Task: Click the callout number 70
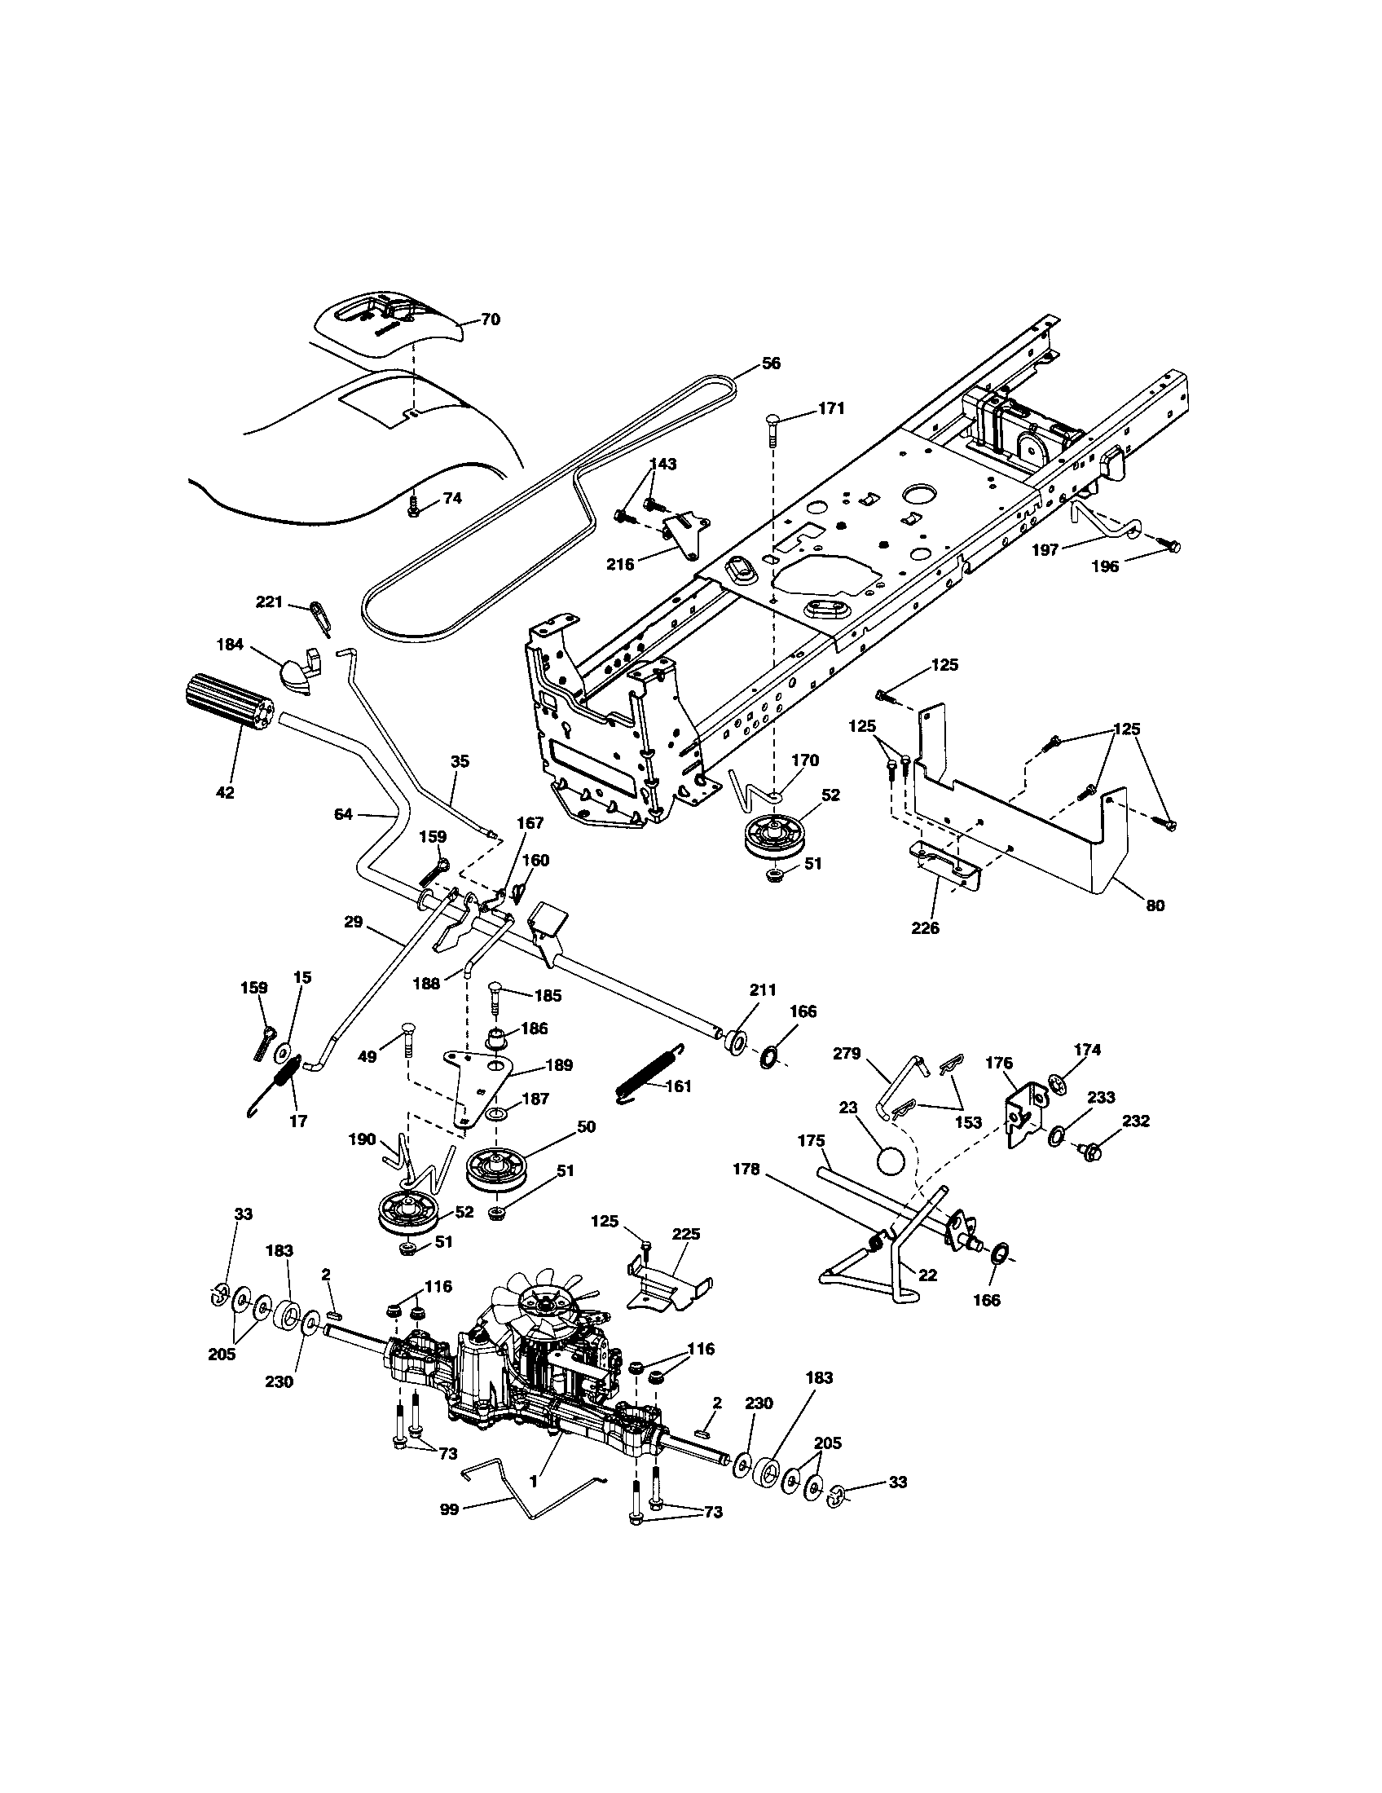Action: click(x=490, y=319)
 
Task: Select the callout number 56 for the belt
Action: click(x=771, y=363)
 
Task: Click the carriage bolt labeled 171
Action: click(x=775, y=421)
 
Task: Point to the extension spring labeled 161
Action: click(x=648, y=1072)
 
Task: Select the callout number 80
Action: click(x=1155, y=905)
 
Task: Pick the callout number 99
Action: click(x=449, y=1508)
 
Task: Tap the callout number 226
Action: click(x=925, y=928)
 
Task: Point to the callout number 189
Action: click(x=560, y=1065)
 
